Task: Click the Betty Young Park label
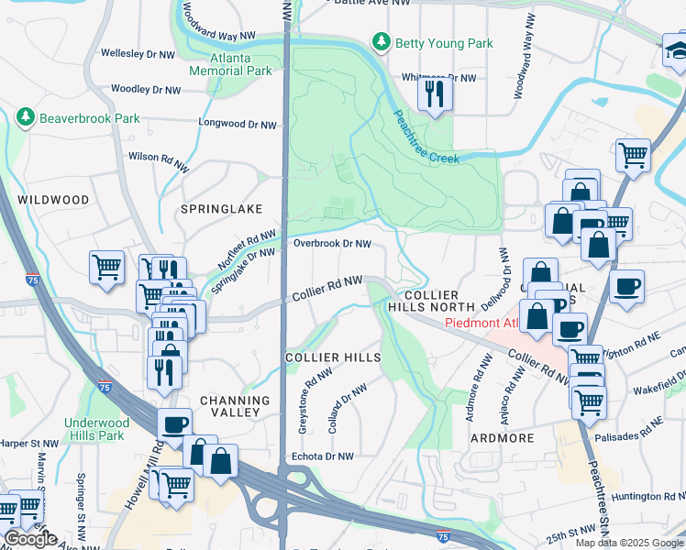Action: point(444,43)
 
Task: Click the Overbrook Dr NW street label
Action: point(332,244)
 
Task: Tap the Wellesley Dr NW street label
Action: point(138,53)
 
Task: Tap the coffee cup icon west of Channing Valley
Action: point(175,424)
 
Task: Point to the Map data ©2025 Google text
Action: point(629,543)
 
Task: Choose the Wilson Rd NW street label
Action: point(160,157)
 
